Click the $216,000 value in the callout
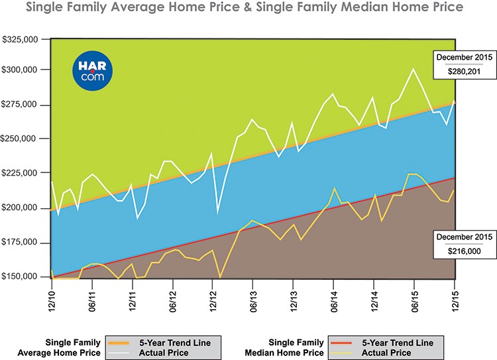coord(461,251)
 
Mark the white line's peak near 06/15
coord(414,68)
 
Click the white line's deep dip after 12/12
coord(218,212)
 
